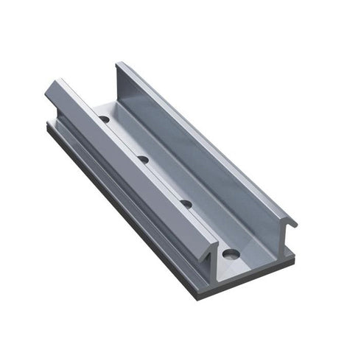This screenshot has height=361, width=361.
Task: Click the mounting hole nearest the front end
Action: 231,255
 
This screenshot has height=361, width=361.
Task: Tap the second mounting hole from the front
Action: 186,204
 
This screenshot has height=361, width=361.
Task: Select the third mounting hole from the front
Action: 144,158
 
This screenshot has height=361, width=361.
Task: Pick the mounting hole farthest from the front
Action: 105,118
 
